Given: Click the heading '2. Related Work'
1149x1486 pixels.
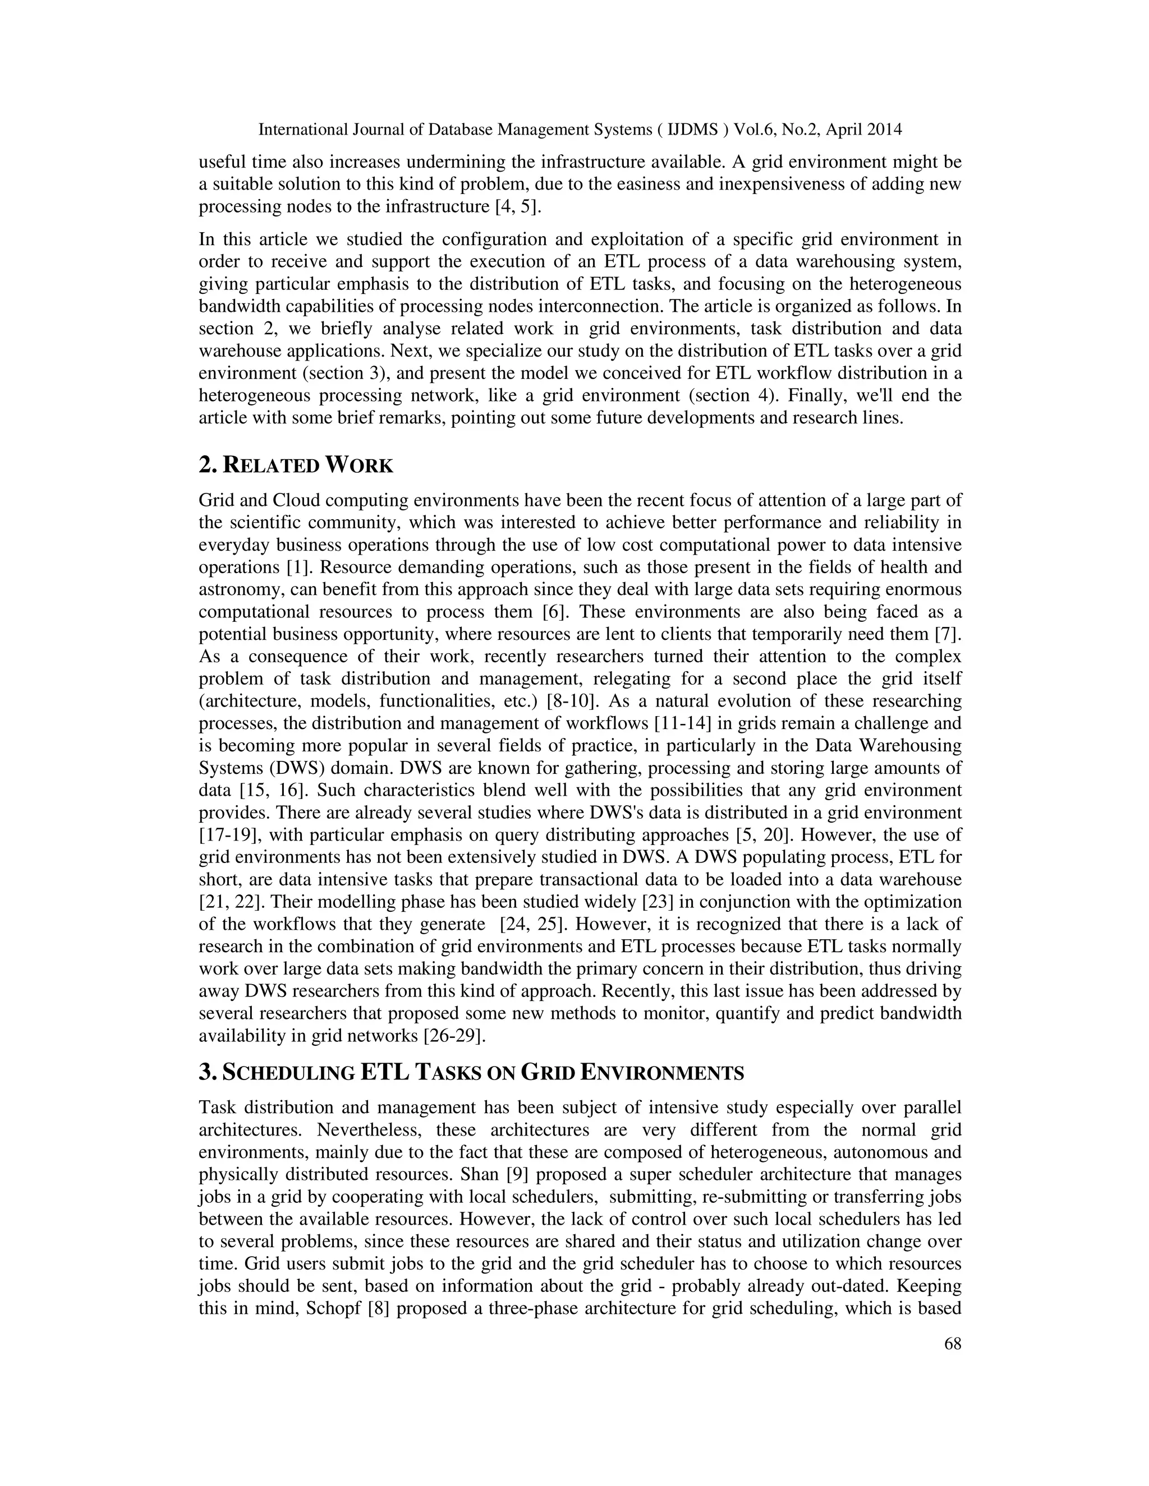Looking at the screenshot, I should point(296,466).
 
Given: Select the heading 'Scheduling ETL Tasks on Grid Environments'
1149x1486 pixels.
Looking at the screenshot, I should point(471,1073).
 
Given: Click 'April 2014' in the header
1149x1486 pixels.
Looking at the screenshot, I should point(868,130).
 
